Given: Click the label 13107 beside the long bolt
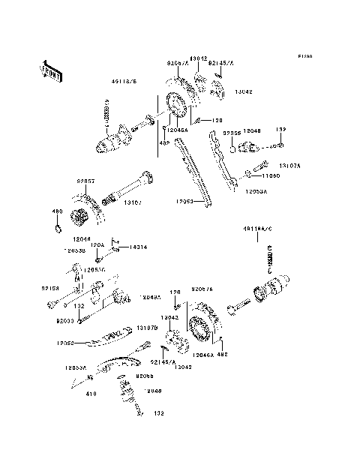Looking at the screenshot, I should (x=133, y=202).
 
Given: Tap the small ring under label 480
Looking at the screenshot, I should (x=56, y=222).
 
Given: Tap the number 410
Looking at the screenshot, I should (x=72, y=391).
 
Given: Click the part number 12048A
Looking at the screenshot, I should (x=149, y=297).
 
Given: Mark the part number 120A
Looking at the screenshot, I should (x=97, y=244).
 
